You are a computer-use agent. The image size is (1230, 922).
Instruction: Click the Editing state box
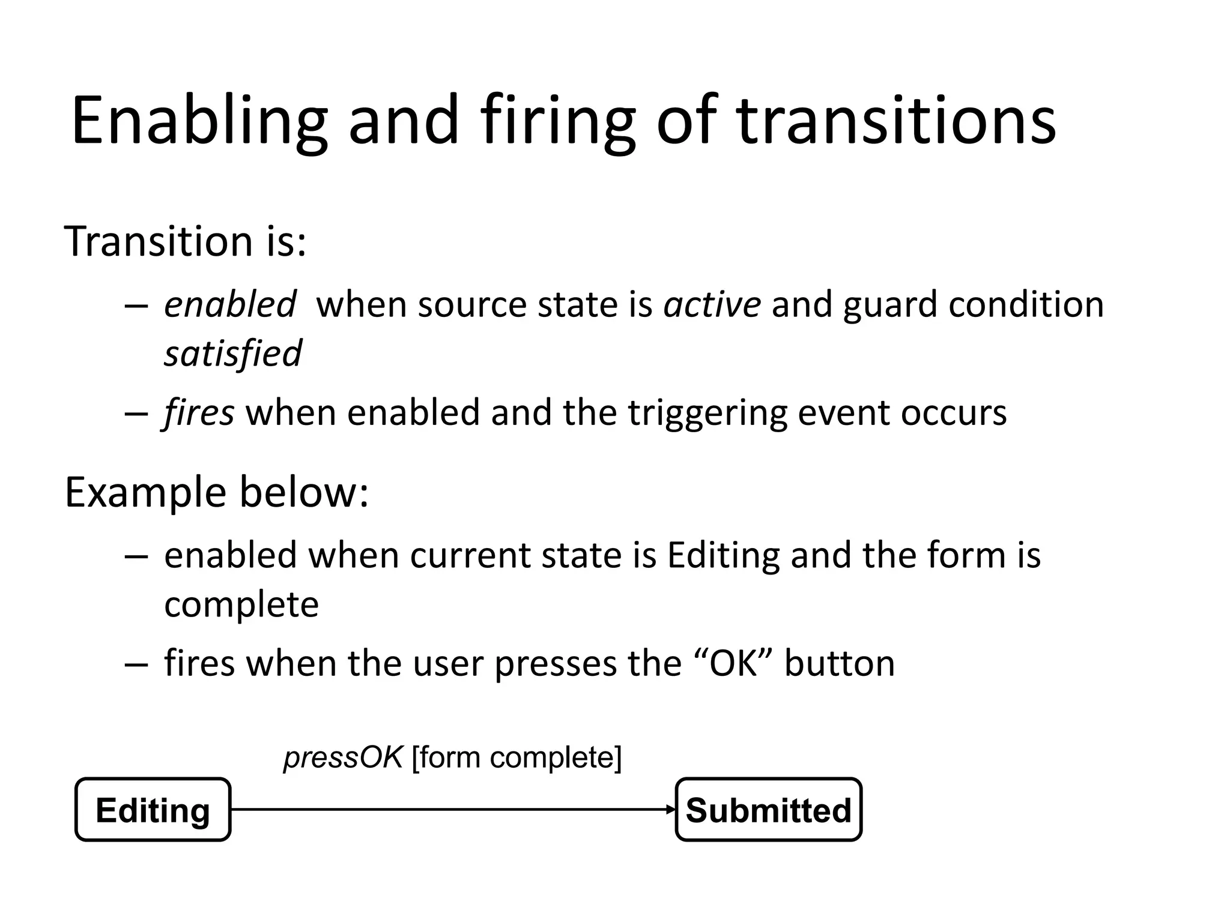(153, 810)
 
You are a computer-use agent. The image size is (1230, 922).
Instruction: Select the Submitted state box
(768, 810)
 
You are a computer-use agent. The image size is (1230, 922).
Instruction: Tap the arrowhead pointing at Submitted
(671, 810)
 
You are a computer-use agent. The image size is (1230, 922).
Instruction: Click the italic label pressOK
(342, 758)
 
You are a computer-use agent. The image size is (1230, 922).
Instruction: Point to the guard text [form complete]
(517, 758)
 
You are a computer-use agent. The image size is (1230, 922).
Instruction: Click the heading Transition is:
(185, 241)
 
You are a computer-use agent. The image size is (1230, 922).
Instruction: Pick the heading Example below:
(216, 492)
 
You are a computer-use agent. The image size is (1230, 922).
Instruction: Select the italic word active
(712, 304)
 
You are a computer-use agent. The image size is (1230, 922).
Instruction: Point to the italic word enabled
(230, 304)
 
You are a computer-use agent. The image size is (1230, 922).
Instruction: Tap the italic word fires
(199, 413)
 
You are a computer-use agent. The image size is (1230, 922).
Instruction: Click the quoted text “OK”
(732, 664)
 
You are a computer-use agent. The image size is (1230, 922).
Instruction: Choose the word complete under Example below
(241, 604)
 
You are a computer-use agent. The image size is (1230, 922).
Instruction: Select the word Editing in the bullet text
(723, 556)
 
